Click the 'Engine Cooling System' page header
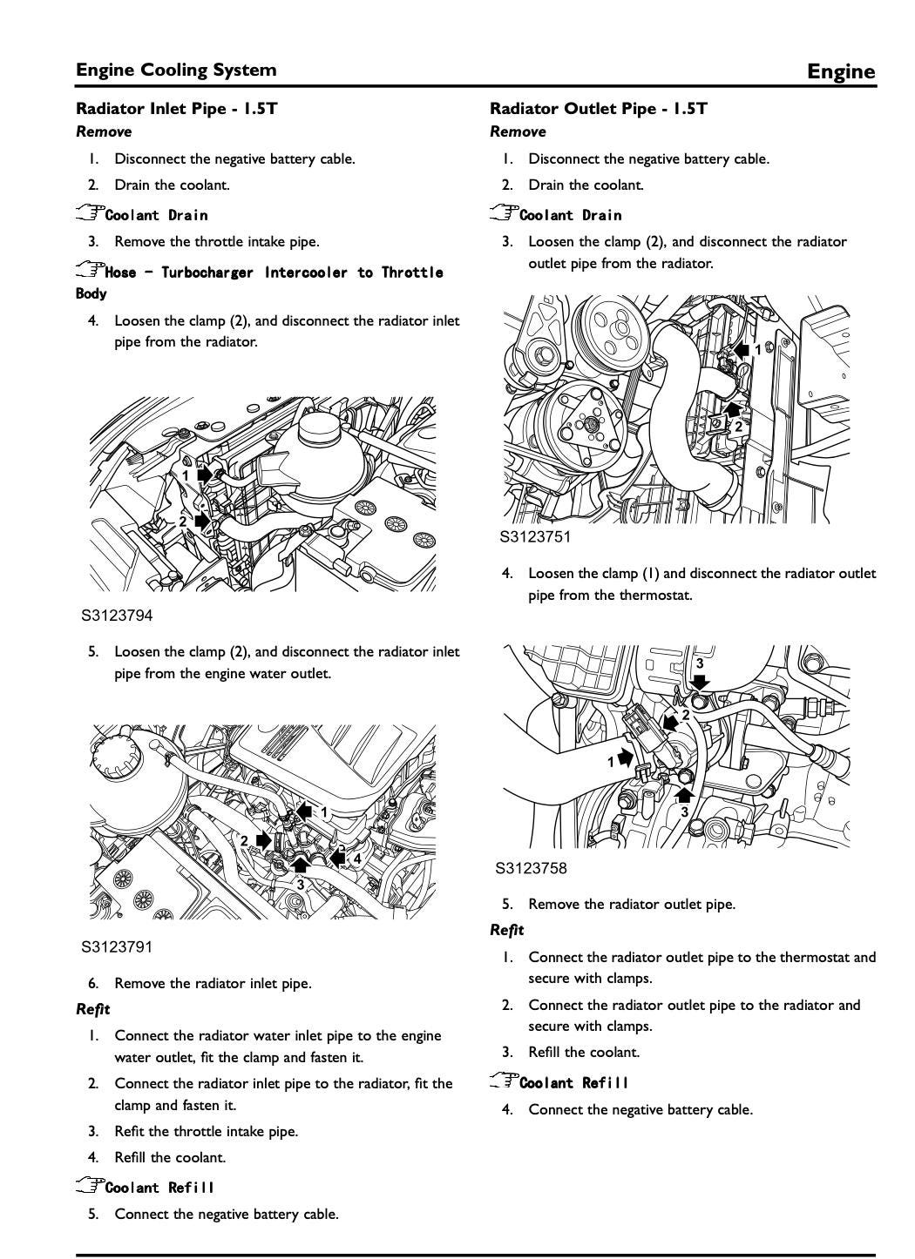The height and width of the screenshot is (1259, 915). (176, 70)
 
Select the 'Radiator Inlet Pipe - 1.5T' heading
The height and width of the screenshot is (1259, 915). (177, 109)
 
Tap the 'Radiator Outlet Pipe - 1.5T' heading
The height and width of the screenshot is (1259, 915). (599, 109)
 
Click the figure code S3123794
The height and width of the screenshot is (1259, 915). (117, 616)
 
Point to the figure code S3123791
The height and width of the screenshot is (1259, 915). (117, 947)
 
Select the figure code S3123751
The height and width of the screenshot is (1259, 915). (535, 536)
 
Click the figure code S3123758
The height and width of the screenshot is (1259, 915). (531, 868)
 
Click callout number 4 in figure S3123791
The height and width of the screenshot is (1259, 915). (357, 858)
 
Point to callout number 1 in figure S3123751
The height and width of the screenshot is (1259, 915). (757, 350)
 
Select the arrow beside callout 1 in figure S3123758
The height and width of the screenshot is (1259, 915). (626, 758)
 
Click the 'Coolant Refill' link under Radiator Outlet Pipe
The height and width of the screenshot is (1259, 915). (573, 1082)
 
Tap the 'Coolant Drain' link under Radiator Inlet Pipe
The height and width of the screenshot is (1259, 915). (156, 215)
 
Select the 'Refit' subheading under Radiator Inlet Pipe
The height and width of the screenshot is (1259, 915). (92, 1009)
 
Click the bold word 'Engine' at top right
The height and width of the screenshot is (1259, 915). (841, 71)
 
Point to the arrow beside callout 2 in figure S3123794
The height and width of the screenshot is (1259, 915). (202, 522)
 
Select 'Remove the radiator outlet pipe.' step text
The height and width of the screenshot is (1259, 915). (632, 905)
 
